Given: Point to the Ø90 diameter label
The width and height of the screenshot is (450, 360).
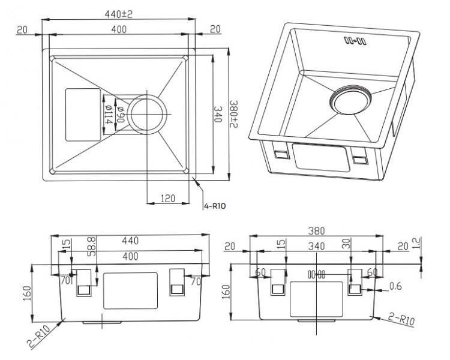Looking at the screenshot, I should click(x=120, y=112).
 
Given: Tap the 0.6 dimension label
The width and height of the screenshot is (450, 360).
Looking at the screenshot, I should click(x=395, y=287).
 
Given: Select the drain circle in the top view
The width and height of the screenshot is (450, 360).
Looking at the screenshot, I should click(x=144, y=114).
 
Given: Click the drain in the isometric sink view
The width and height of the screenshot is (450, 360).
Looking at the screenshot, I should click(x=351, y=100).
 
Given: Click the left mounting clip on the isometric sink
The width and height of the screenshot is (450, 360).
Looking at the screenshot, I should click(x=279, y=154).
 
